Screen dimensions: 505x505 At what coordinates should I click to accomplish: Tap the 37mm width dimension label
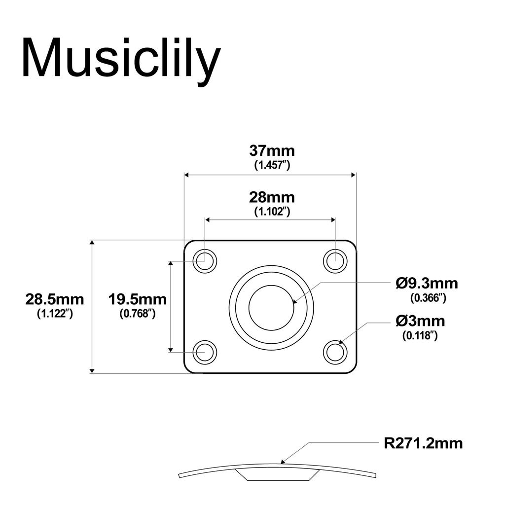[272, 150]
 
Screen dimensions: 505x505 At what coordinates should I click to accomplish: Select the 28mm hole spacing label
[272, 198]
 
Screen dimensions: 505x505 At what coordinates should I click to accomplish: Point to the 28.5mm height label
[55, 299]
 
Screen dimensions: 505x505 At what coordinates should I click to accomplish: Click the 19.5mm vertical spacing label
[138, 299]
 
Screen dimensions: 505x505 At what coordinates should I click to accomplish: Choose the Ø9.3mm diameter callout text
[427, 284]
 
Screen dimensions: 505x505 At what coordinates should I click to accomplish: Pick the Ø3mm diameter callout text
[420, 322]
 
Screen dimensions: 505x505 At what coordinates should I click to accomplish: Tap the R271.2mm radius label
[423, 443]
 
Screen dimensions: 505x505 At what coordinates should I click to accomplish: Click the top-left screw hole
[205, 261]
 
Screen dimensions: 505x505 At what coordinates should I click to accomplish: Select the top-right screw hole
[335, 260]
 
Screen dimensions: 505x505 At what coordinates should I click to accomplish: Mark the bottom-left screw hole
[205, 352]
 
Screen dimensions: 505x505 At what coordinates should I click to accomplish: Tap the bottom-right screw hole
[335, 353]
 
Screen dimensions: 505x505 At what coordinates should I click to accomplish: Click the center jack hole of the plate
[271, 307]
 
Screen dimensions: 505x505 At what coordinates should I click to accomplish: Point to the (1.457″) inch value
[272, 165]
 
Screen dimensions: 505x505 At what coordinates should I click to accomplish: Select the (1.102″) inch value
[272, 212]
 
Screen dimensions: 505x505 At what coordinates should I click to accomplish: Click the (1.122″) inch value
[55, 313]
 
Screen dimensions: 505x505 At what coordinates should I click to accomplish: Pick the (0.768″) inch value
[138, 313]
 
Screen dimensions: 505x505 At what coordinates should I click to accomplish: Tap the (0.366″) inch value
[428, 298]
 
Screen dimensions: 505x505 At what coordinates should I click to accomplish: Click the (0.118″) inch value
[420, 336]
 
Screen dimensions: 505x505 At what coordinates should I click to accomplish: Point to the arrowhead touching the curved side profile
[283, 462]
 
